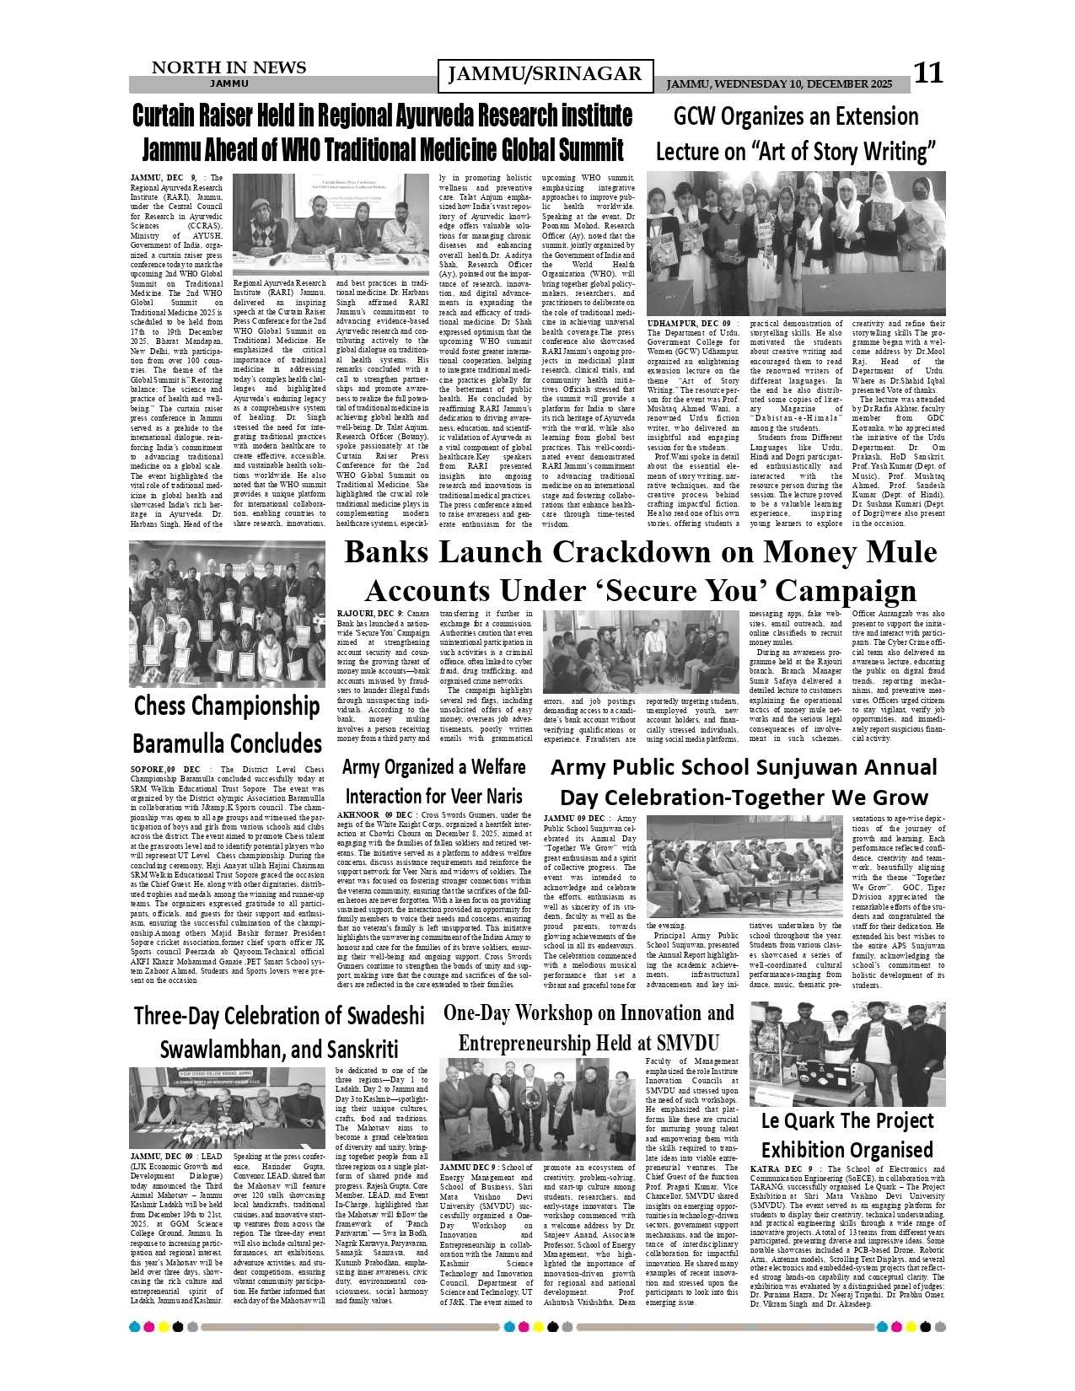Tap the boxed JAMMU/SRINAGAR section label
point(546,75)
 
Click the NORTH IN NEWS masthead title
point(228,67)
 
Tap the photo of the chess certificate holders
point(227,614)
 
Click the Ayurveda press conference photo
point(331,223)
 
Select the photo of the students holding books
point(795,243)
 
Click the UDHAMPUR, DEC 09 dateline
point(688,324)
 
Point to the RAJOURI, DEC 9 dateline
point(369,613)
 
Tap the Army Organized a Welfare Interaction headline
point(434,781)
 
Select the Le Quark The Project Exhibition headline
point(847,1135)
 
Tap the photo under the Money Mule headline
point(640,652)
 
